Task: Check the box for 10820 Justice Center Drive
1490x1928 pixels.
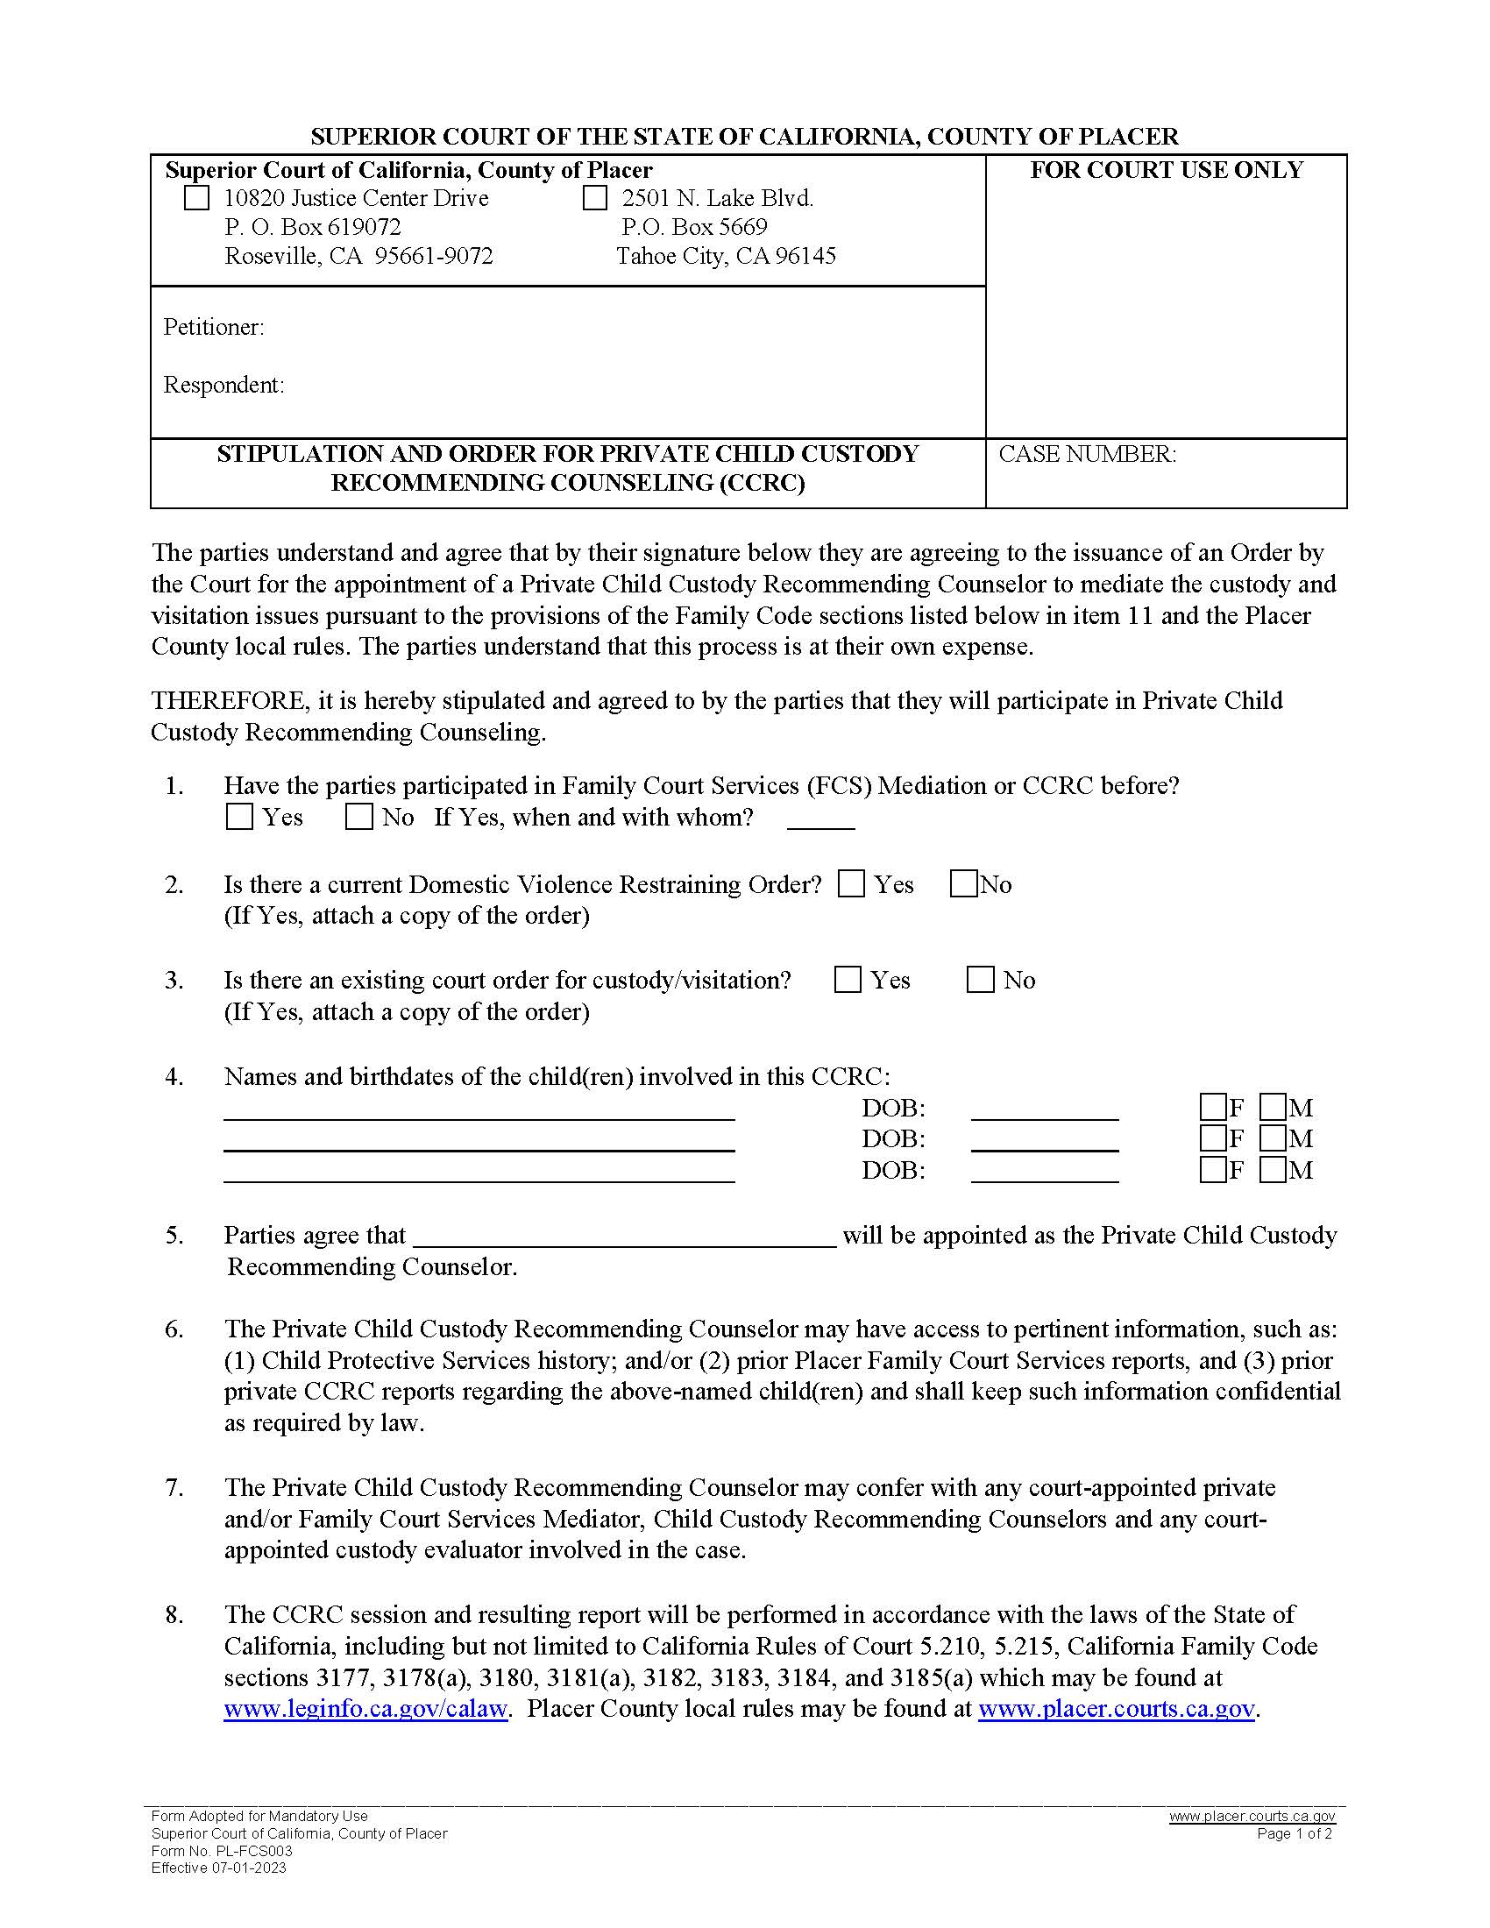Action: point(196,198)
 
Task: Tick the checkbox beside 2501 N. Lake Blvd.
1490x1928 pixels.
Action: point(595,198)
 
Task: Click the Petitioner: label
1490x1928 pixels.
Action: point(214,328)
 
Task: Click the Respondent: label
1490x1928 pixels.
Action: point(223,385)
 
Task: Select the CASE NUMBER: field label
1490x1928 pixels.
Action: point(1087,454)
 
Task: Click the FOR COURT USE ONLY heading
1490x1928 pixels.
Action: point(1166,170)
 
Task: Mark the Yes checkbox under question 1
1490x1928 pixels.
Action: point(239,817)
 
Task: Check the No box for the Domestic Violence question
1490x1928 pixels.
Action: point(963,883)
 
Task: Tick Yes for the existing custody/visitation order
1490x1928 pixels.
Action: point(848,980)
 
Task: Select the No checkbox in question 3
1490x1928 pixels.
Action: point(981,980)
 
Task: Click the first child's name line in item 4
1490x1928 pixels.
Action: point(479,1110)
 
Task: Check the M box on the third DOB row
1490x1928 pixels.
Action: point(1272,1171)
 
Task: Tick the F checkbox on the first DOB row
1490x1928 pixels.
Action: point(1213,1107)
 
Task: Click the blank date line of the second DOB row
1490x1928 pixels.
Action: point(1044,1142)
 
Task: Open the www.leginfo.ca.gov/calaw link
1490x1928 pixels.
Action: point(365,1709)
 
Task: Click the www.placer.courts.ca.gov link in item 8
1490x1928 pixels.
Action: point(1116,1709)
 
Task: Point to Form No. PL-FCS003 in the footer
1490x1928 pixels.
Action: point(222,1851)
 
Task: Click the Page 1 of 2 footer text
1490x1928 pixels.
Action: point(1294,1833)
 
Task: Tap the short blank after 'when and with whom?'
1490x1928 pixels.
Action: point(821,821)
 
